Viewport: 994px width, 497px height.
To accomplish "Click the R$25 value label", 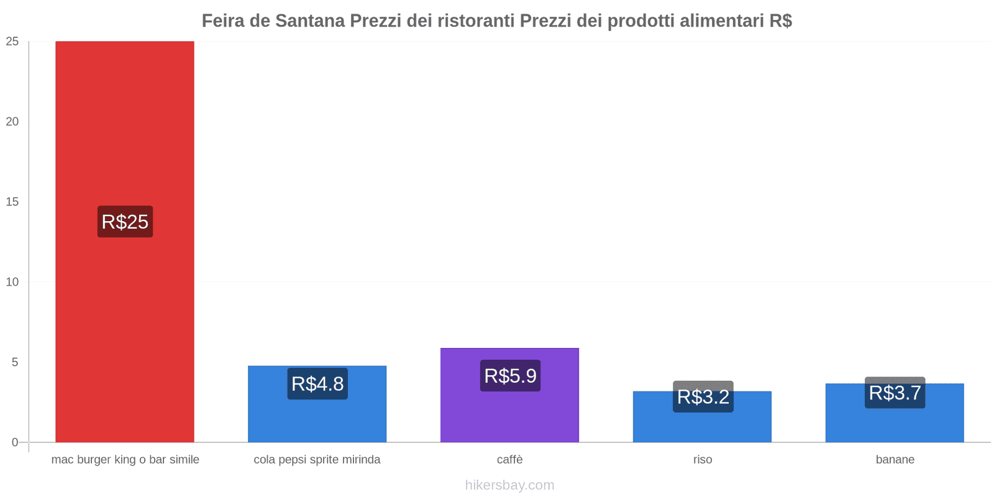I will (125, 222).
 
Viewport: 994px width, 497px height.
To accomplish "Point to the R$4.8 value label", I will (317, 384).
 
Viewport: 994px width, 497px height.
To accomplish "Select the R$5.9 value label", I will (510, 376).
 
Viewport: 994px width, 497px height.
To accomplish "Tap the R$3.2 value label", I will (703, 397).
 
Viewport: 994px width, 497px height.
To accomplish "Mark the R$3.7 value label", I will (895, 393).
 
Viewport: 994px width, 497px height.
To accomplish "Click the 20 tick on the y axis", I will (12, 122).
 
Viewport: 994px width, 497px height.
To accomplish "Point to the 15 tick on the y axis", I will (12, 202).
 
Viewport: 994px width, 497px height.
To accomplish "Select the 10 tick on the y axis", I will (12, 282).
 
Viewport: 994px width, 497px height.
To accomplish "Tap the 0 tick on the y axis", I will (16, 442).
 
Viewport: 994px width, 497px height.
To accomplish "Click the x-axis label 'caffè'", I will (509, 460).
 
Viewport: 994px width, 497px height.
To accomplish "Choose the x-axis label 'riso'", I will (703, 460).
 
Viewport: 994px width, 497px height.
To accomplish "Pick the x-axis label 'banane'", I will (895, 460).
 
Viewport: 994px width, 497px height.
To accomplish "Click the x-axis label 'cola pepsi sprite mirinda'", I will (317, 460).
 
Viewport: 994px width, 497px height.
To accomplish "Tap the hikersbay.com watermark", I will (509, 485).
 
